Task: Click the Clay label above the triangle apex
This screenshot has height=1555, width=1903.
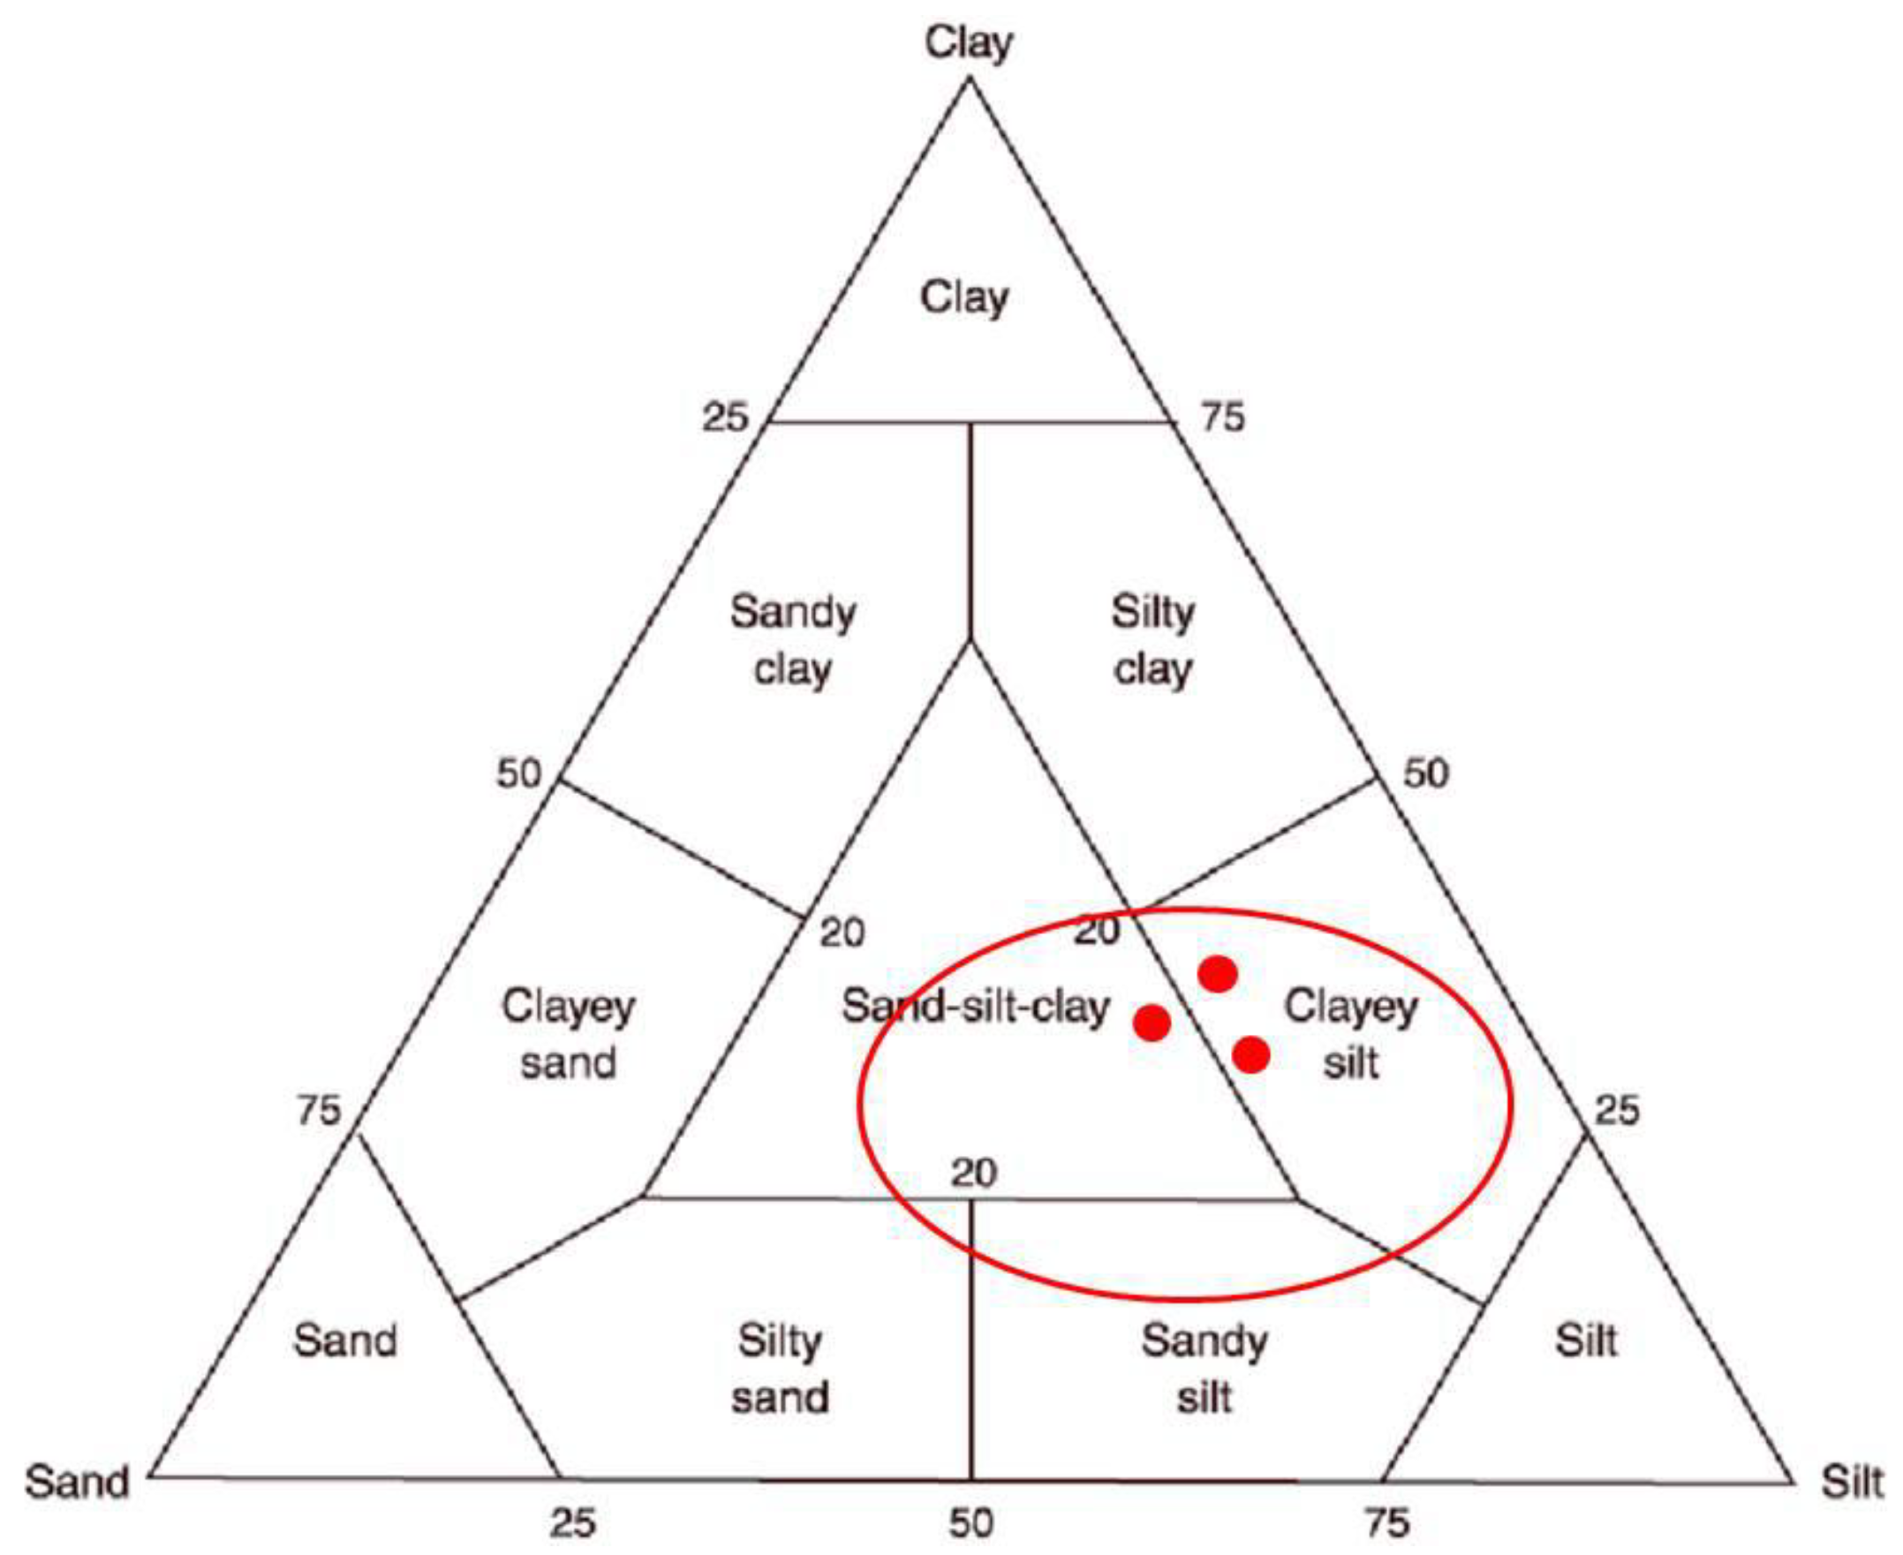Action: [968, 43]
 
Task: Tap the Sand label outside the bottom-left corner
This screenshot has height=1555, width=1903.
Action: [77, 1482]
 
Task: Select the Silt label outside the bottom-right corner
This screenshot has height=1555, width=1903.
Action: [1852, 1482]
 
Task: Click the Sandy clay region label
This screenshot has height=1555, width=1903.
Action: [792, 641]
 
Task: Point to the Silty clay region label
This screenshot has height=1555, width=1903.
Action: [1152, 641]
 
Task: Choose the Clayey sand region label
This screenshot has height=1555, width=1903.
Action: [568, 1035]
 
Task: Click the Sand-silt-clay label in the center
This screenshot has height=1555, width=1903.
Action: [975, 1007]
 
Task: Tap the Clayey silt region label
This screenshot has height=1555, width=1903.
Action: [1350, 1035]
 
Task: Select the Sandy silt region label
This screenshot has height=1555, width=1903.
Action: [1204, 1369]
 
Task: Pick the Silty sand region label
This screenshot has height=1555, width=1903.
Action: [779, 1369]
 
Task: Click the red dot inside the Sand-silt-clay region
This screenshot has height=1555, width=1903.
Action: [1152, 1022]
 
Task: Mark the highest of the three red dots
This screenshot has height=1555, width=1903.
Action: [1218, 974]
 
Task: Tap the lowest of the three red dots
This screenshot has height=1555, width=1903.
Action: [1251, 1055]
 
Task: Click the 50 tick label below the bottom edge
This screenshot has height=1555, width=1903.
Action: [970, 1522]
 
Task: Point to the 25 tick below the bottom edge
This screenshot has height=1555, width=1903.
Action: [572, 1522]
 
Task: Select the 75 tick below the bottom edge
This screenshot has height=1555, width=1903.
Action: [1386, 1522]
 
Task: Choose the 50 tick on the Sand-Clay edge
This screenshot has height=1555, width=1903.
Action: [519, 774]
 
